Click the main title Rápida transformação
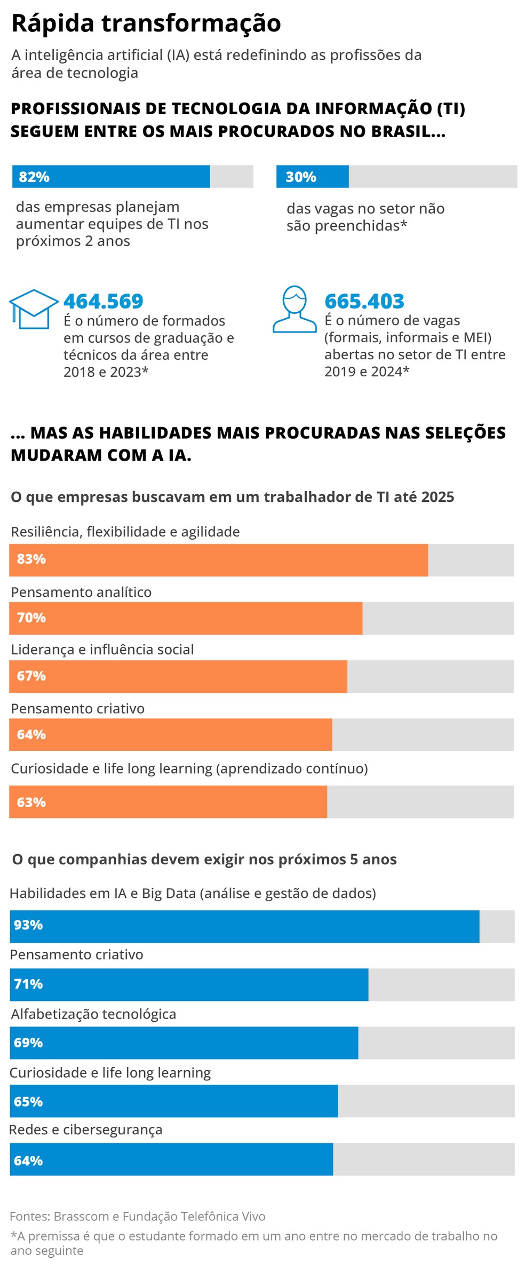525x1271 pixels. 146,23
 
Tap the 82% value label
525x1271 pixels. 34,177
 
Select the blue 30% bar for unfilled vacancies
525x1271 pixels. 312,177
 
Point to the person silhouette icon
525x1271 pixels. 295,309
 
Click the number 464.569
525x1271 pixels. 103,301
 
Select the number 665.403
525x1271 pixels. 364,301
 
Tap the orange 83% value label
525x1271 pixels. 31,559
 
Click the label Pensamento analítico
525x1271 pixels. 81,592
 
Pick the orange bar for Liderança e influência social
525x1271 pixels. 178,676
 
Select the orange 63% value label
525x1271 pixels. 31,802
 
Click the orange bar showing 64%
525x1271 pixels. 170,735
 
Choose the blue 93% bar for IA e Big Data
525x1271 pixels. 244,926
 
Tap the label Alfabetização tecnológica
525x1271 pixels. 93,1014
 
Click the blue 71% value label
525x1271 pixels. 28,984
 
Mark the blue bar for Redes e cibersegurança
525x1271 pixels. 171,1159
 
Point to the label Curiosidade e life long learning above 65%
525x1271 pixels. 110,1072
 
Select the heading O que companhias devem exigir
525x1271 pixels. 204,859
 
